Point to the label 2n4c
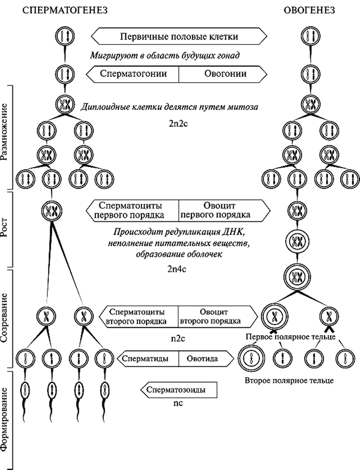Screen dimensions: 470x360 (178, 269)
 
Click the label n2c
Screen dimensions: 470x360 (178, 339)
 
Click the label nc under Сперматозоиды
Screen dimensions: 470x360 (179, 404)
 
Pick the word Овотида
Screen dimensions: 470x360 (201, 359)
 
